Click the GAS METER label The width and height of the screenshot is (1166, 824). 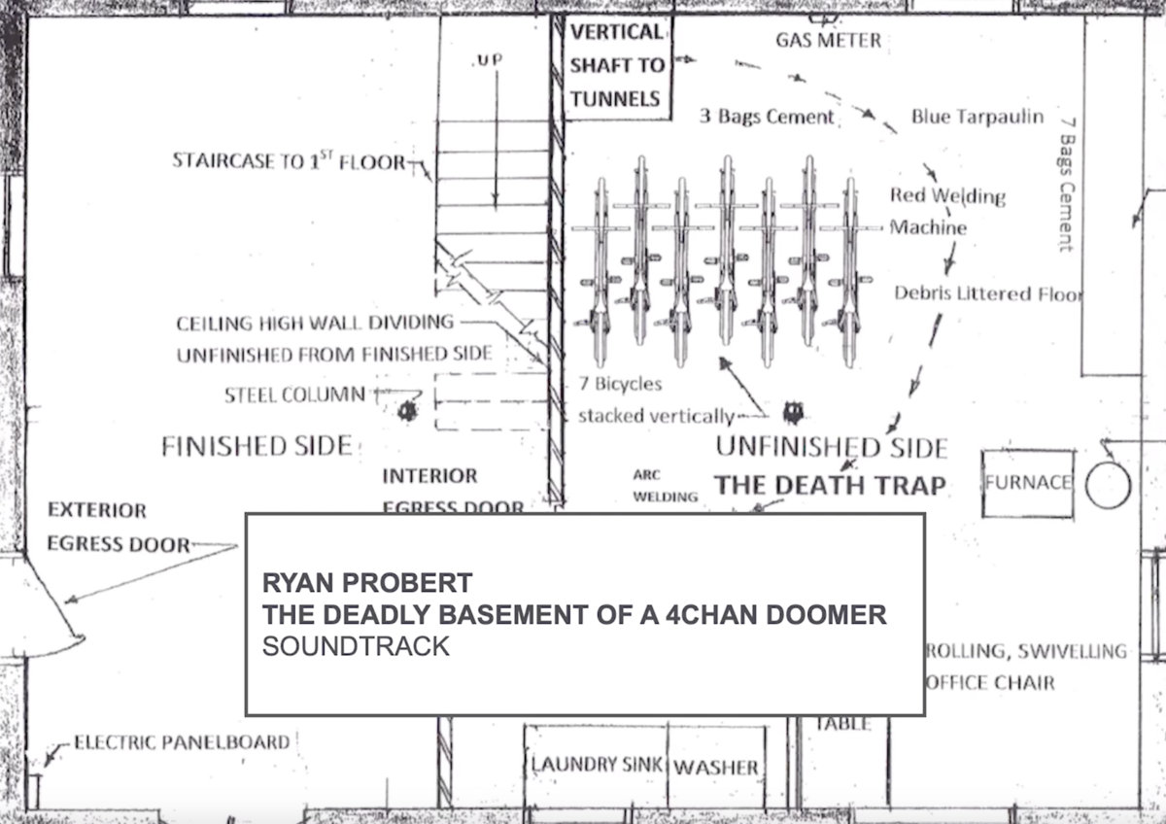828,41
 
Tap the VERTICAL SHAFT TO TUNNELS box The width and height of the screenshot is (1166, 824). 617,65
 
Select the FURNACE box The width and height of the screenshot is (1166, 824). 1028,483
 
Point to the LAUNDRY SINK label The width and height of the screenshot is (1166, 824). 597,765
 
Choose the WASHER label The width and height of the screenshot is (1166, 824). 715,768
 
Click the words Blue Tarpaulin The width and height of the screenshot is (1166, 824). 977,117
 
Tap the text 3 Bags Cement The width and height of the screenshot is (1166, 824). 768,117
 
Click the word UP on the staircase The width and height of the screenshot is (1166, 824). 488,61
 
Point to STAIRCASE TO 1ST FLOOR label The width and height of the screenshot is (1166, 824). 289,161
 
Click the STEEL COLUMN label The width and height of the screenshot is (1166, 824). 295,395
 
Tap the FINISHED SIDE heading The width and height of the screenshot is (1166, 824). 256,446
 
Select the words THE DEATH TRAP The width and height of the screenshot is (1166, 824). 830,484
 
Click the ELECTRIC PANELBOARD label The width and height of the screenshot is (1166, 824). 182,742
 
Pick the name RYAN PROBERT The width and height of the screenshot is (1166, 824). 366,583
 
